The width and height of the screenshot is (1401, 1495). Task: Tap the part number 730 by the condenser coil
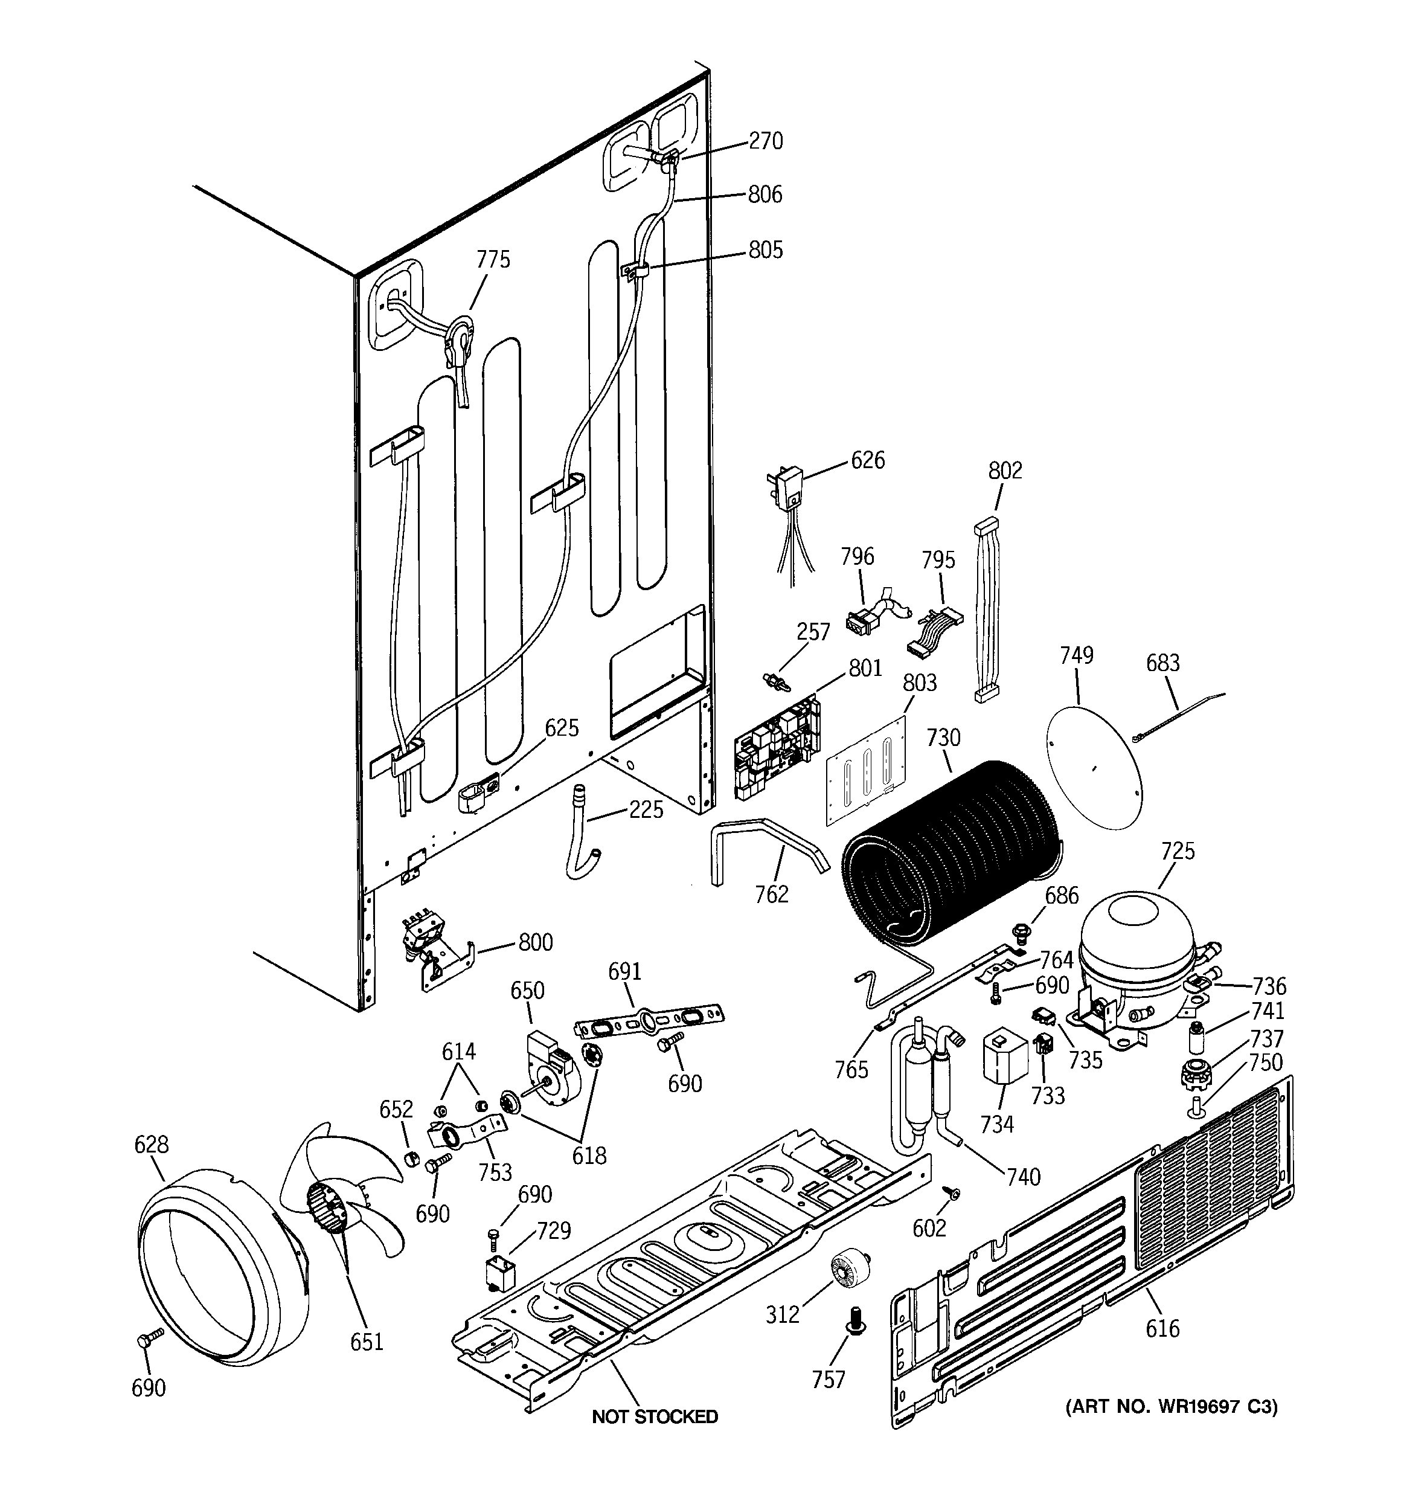[943, 738]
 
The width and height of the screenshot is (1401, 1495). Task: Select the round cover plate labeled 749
[1094, 752]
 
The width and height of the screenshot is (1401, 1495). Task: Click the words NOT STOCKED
[654, 1417]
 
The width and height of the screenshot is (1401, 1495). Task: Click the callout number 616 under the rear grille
[1162, 1329]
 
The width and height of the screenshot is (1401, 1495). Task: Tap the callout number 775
[493, 260]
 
